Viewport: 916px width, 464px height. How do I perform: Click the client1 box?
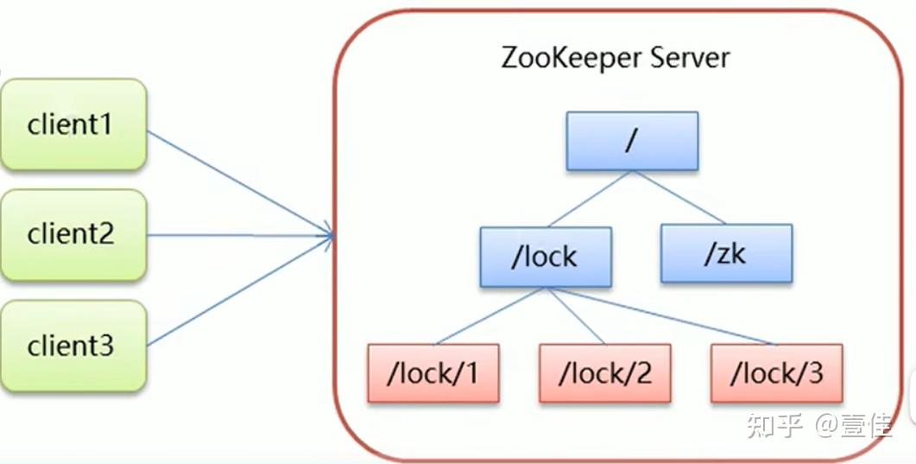coord(73,124)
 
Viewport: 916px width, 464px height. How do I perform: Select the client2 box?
coord(73,235)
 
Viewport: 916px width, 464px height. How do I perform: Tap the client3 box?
coord(73,346)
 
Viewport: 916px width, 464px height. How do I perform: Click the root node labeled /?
coord(632,140)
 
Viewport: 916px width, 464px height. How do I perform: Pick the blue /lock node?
coord(546,257)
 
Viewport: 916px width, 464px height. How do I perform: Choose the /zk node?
coord(726,253)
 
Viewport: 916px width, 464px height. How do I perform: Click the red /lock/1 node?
coord(433,373)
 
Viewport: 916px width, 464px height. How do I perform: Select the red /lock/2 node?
coord(604,373)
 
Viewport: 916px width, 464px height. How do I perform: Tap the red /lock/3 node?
coord(776,373)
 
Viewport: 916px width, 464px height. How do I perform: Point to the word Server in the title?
coord(690,58)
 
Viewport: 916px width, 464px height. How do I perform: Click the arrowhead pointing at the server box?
coord(329,234)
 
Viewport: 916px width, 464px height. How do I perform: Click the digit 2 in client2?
coord(105,235)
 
